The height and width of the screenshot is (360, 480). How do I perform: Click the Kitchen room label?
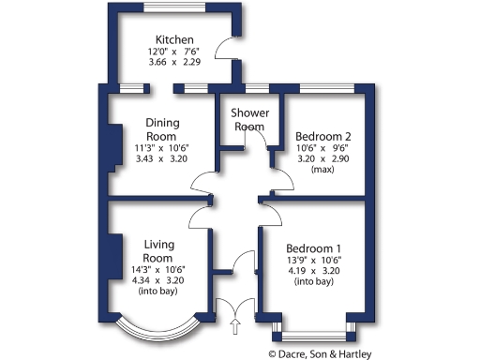[174, 40]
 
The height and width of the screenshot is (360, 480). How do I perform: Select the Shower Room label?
[250, 120]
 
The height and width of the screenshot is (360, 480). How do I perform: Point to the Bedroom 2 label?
[318, 136]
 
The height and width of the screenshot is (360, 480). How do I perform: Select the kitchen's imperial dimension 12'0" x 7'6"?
[175, 52]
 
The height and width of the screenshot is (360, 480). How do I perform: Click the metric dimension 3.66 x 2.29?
[175, 65]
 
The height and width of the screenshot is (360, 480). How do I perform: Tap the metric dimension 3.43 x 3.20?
[161, 159]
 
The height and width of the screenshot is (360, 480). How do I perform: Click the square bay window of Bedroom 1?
[314, 330]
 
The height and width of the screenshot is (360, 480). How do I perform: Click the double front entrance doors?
[233, 307]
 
